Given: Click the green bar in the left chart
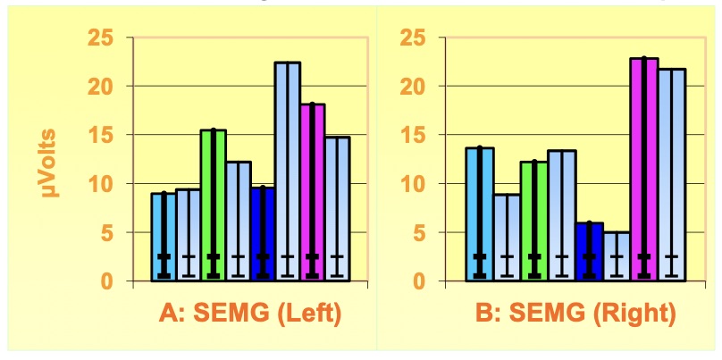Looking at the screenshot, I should (x=213, y=205).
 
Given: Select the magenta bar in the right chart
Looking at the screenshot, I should (x=644, y=170).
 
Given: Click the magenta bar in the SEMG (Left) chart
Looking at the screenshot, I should (x=312, y=192).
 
